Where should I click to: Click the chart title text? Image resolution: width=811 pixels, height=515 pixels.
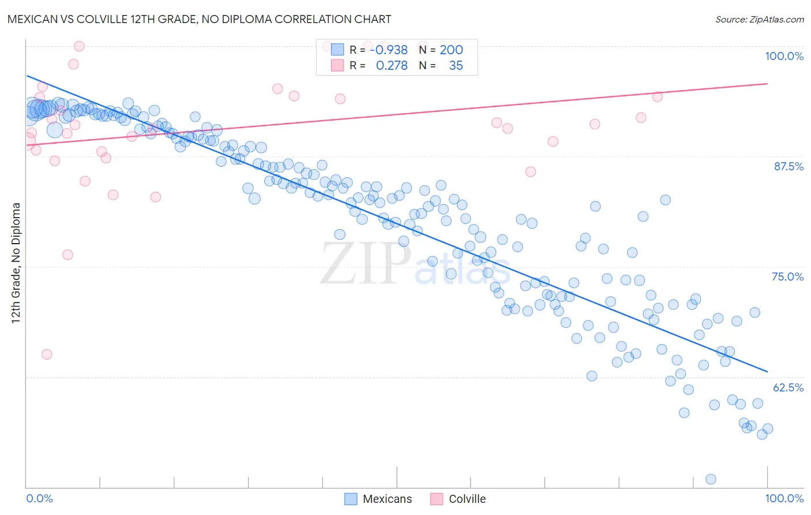pos(199,20)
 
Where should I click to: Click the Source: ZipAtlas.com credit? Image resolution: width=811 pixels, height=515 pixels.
pos(759,20)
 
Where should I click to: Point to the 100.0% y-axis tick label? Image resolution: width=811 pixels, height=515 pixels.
pos(784,56)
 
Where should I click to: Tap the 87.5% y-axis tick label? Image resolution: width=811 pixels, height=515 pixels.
pos(788,166)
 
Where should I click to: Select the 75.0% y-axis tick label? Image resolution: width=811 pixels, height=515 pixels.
pos(787,277)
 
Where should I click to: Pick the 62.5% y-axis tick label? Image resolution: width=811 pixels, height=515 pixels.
pos(788,387)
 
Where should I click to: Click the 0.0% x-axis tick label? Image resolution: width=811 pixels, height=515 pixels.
pos(39,498)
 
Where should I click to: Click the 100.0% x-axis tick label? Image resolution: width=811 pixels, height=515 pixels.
pos(784,498)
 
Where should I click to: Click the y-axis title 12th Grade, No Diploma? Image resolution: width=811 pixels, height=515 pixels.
pos(16,263)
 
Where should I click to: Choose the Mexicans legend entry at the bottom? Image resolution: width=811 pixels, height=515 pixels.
pos(378,499)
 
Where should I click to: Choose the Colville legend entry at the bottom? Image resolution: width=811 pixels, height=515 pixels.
pos(459,499)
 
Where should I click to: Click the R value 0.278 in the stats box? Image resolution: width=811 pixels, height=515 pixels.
pos(392,66)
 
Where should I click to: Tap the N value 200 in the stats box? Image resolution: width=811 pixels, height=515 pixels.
pos(451,50)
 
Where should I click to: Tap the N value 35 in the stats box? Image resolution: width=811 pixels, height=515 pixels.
pos(456,66)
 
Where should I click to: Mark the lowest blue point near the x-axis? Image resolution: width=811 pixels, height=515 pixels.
pos(711,479)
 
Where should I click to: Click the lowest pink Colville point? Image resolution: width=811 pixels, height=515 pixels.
pos(47,354)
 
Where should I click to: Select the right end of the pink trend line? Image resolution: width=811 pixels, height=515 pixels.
pos(767,84)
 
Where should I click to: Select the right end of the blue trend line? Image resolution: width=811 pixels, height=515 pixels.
pos(767,371)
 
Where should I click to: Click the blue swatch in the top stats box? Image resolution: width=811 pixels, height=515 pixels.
pos(337,50)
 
